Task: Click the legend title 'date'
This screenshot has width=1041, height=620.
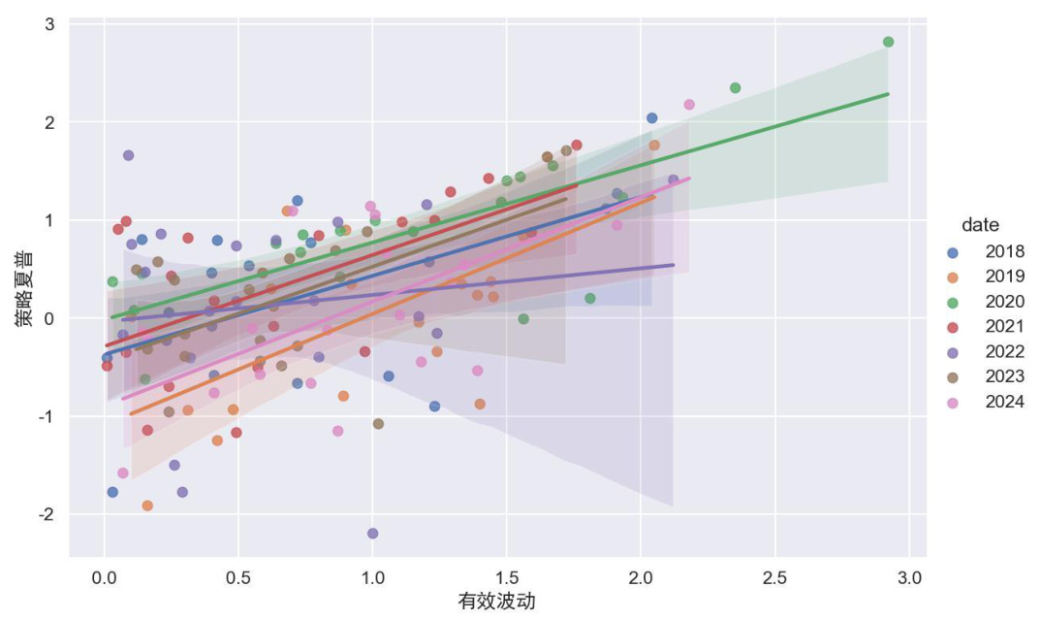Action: coord(980,225)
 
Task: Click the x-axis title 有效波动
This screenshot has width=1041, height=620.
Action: coord(496,602)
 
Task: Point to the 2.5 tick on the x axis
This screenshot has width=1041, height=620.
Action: coord(774,576)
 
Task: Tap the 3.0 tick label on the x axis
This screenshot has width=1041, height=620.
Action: coord(908,576)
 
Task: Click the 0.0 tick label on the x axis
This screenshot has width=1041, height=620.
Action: coord(105,576)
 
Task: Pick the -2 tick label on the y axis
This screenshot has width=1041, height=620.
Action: coord(46,514)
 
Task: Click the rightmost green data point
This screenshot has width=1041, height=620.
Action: coord(888,42)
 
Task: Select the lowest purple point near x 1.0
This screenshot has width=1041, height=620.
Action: coord(373,534)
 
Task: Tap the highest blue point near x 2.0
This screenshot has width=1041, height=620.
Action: coord(651,118)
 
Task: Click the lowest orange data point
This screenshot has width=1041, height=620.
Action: coord(147,506)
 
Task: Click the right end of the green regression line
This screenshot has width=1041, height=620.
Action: coord(888,94)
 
